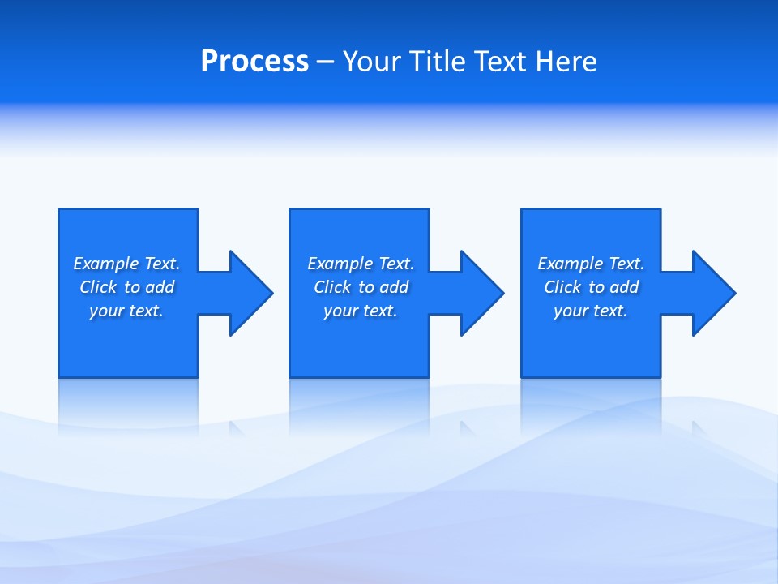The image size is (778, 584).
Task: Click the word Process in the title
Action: tap(254, 62)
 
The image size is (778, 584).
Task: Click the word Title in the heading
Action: tap(437, 62)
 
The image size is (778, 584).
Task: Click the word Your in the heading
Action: tap(372, 62)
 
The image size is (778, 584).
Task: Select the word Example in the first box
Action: tap(106, 264)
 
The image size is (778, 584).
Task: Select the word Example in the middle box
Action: tap(340, 264)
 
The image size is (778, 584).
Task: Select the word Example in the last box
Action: tap(571, 264)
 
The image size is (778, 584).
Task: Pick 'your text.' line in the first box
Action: tap(126, 311)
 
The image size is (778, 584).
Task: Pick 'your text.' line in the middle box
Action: tap(361, 311)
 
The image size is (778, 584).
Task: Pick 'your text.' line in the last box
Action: tap(591, 311)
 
